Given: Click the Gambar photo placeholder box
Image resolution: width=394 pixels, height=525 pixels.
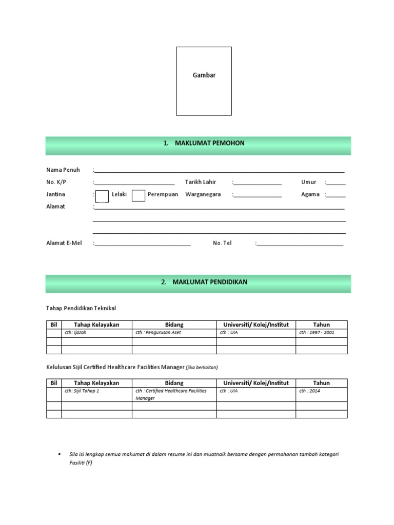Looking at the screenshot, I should point(204,81).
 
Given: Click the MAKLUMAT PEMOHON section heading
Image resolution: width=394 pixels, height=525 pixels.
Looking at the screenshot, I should point(203,144).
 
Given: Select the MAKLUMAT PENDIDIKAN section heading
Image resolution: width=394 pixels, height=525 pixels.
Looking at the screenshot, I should point(203,282).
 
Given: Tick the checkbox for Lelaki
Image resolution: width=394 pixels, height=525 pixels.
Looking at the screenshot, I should point(102,195).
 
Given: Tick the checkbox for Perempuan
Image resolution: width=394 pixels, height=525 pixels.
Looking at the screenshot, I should point(138,195).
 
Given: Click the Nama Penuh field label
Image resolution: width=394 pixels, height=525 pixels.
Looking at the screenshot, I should point(63,170).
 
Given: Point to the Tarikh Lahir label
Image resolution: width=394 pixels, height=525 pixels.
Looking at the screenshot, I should point(201,182).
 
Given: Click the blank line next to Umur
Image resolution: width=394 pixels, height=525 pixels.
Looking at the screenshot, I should point(336,183).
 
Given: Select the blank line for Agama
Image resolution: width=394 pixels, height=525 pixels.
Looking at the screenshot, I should point(336,195).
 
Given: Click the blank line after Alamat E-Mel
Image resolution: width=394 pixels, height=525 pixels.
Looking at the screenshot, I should point(143,244).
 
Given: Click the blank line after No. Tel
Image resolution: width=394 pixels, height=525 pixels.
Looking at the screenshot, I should point(300,244).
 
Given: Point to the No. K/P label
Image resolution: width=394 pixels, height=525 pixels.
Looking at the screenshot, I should point(56,182).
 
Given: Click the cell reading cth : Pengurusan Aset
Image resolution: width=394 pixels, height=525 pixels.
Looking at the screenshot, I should point(158,333).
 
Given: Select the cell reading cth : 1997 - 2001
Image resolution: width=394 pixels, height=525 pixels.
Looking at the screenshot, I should point(317,333).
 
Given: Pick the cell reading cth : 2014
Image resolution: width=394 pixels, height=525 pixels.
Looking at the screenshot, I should point(309,391).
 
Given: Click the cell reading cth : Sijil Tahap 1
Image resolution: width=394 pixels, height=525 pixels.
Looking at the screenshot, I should point(82,391).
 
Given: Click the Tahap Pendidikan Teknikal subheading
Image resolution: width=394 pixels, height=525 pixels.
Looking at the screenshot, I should point(81,308).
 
